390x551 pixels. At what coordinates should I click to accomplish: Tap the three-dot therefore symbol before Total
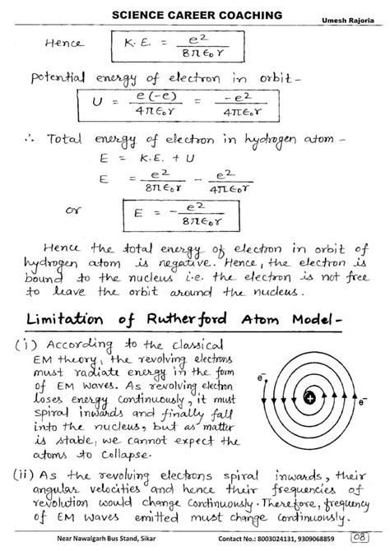(x=34, y=141)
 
